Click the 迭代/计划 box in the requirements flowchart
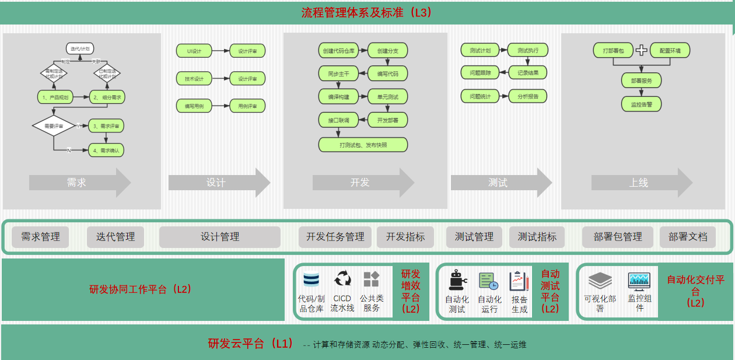pos(80,48)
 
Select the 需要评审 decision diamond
pos(54,125)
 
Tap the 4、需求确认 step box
pos(106,150)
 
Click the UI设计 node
pos(194,51)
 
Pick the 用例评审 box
pos(247,106)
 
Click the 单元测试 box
pos(388,97)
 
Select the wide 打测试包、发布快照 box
pos(363,145)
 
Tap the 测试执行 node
pos(527,51)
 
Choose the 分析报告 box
pos(527,96)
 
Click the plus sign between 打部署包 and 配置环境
pos(641,50)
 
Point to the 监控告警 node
pos(641,104)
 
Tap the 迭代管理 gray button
pos(116,237)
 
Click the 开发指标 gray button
pos(405,237)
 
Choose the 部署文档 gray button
pos(688,237)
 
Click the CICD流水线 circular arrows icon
pos(342,279)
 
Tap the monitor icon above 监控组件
pos(639,281)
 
